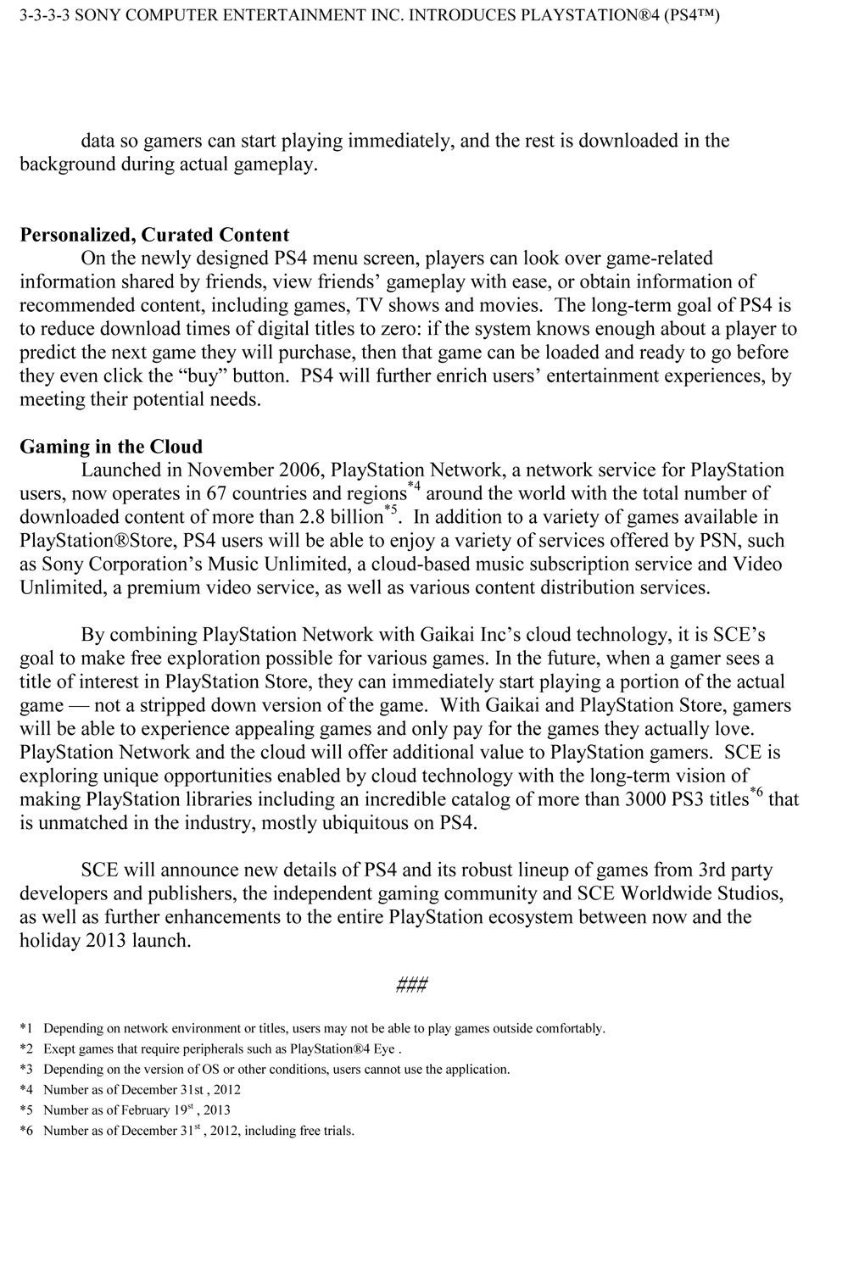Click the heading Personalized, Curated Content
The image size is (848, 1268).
point(154,235)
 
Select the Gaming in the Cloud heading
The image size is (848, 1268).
point(111,447)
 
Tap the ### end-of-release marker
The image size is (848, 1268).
point(411,985)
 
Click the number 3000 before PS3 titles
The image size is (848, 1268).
point(650,799)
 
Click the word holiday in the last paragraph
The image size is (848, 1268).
point(49,941)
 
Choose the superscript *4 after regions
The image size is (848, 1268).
point(415,487)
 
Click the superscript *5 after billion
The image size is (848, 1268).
point(391,510)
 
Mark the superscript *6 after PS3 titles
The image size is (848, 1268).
point(756,793)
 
